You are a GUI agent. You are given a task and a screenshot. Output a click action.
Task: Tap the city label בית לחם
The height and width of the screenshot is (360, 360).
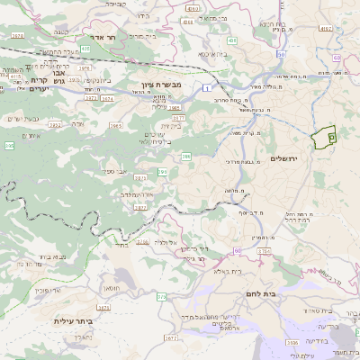pos(261,294)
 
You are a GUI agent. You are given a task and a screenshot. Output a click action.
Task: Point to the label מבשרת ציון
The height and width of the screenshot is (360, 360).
pos(161,85)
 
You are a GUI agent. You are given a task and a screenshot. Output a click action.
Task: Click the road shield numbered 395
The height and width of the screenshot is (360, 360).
pos(9,144)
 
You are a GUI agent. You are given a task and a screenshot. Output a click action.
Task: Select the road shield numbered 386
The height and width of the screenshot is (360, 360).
pos(186,157)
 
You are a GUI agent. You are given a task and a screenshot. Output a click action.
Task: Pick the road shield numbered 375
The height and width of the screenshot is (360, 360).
pos(162,296)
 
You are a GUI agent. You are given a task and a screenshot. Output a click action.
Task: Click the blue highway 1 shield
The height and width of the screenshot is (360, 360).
pos(206,87)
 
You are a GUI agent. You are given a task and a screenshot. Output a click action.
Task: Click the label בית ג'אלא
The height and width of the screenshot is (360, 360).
pos(229,270)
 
